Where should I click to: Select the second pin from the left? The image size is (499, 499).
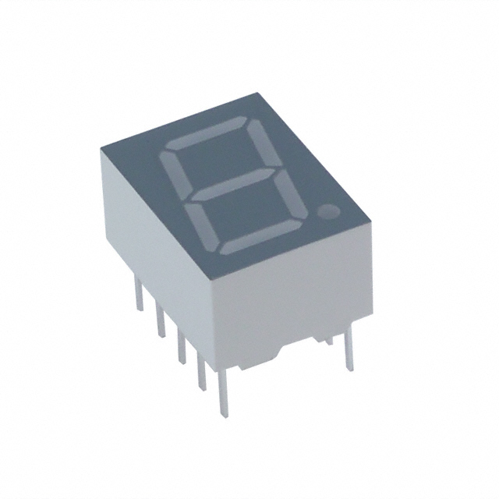point(160,320)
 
